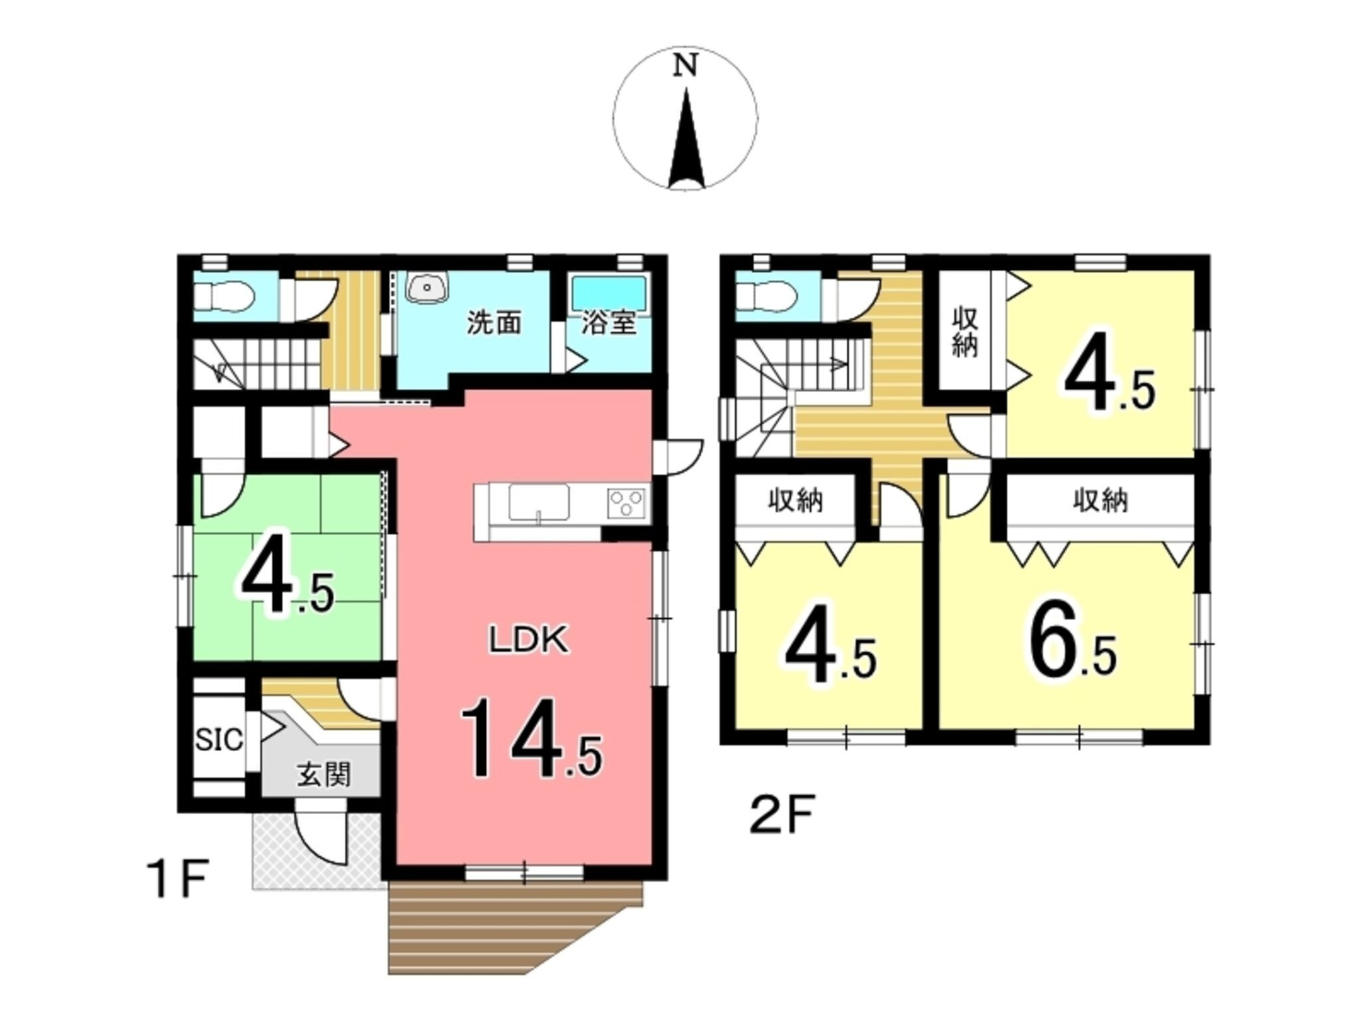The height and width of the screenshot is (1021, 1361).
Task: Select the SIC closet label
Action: pos(219,740)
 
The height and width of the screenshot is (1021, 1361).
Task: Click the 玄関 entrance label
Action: pos(324,775)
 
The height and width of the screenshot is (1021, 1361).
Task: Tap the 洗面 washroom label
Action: pos(493,323)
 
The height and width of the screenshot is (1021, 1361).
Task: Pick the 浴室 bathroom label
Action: pos(609,323)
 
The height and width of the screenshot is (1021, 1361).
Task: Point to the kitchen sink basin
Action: pos(539,502)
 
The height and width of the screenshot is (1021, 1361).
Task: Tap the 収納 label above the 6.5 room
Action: pos(1100,501)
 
